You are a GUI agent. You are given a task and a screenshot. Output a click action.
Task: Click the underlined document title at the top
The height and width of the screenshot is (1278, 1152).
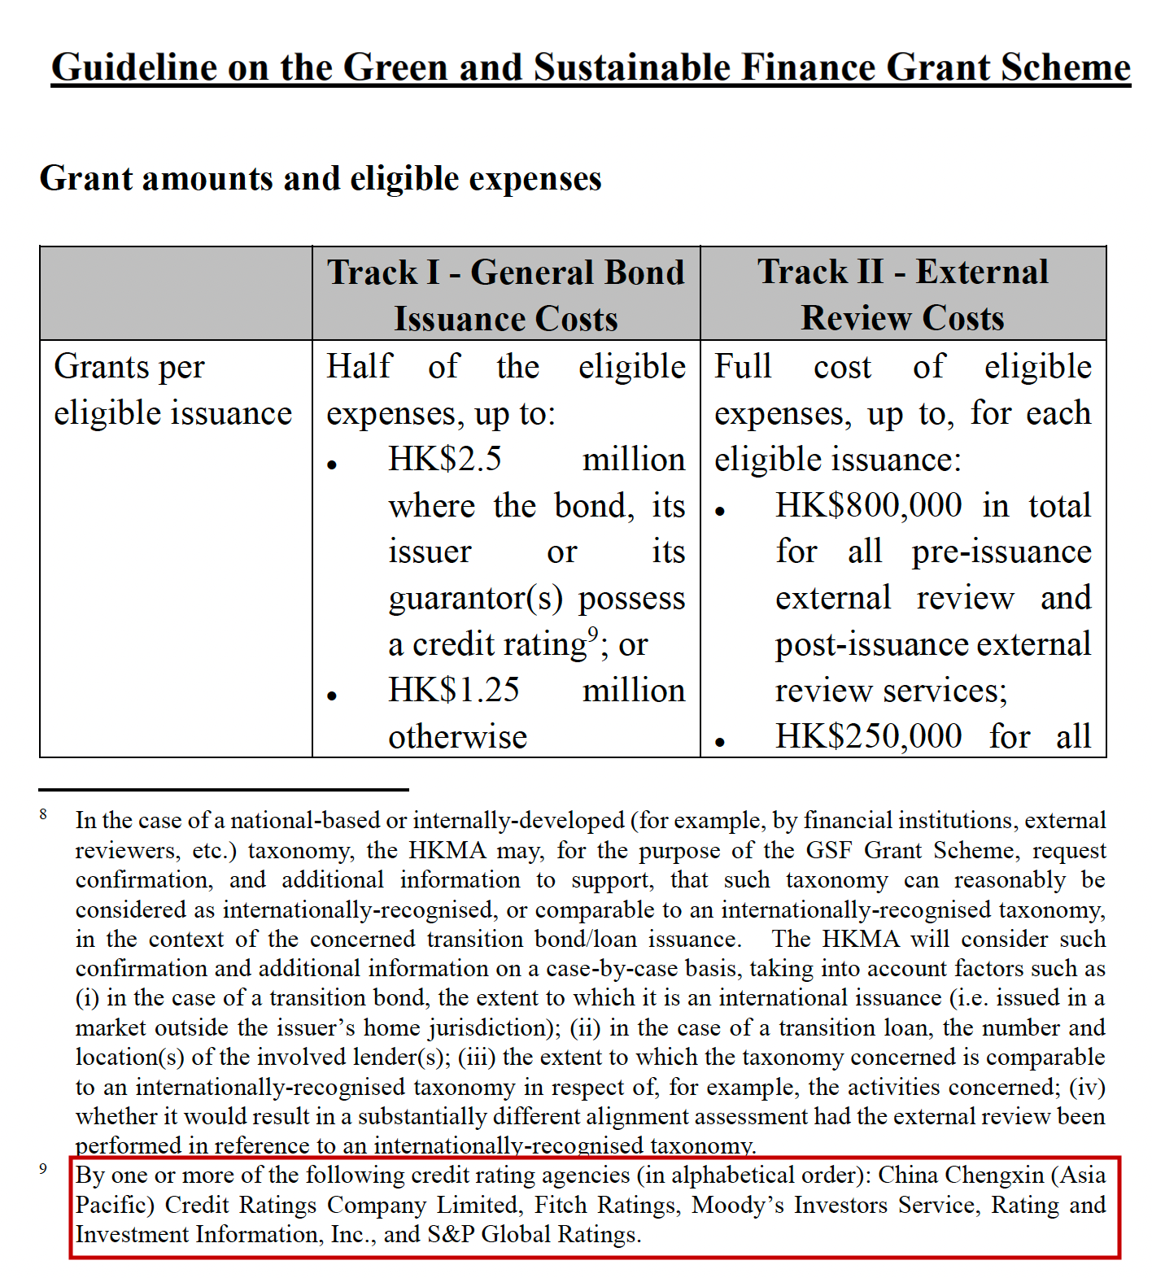pyautogui.click(x=591, y=68)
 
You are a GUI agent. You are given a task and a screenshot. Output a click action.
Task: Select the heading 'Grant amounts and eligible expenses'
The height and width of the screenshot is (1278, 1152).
pyautogui.click(x=321, y=178)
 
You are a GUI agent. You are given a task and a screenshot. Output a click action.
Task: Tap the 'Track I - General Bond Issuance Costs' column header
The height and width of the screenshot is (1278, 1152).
pyautogui.click(x=505, y=294)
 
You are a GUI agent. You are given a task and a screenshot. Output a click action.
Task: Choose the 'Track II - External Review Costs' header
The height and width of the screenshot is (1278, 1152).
pyautogui.click(x=902, y=294)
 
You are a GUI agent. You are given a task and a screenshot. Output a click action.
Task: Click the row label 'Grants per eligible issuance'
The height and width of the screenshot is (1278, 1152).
pyautogui.click(x=172, y=390)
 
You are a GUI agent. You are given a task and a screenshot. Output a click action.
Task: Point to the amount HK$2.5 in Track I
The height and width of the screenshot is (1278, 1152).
pyautogui.click(x=444, y=459)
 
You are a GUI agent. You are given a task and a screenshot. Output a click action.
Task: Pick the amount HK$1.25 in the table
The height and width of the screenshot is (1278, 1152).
pyautogui.click(x=453, y=690)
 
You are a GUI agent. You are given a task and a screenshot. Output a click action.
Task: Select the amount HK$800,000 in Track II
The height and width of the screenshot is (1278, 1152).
pyautogui.click(x=868, y=505)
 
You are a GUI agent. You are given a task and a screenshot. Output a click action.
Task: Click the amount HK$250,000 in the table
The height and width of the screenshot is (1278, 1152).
pyautogui.click(x=868, y=736)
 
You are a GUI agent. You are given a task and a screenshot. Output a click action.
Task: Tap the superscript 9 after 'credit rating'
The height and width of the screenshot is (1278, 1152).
pyautogui.click(x=593, y=634)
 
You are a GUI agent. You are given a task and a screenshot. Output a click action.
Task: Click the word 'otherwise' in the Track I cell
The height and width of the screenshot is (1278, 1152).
pyautogui.click(x=457, y=737)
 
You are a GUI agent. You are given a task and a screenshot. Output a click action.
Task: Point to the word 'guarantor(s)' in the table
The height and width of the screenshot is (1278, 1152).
pyautogui.click(x=475, y=598)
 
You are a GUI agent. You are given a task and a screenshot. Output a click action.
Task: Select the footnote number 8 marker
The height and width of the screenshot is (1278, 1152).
pyautogui.click(x=43, y=814)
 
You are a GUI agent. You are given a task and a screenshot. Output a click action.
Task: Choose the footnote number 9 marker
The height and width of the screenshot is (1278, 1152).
pyautogui.click(x=43, y=1169)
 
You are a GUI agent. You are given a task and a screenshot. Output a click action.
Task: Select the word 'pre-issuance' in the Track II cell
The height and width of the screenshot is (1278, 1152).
pyautogui.click(x=1001, y=552)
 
